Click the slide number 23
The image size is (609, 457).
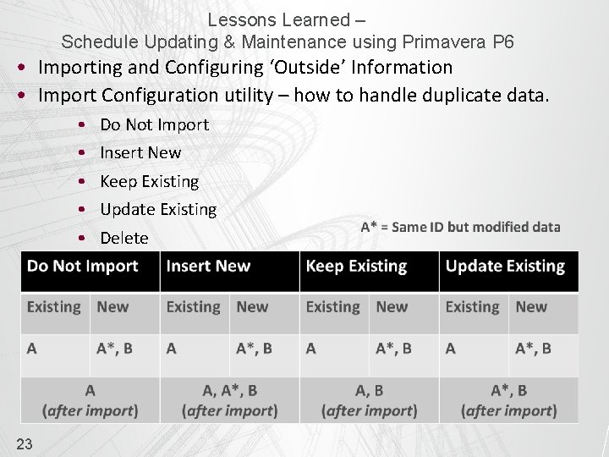pos(25,443)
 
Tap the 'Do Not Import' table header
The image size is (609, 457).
pos(82,266)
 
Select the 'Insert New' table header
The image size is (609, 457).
pos(208,266)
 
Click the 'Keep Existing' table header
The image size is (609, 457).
pos(356,266)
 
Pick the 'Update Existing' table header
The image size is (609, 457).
pos(505,266)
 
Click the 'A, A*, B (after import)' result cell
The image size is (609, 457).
pos(229,400)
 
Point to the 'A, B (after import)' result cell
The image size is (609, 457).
pos(369,400)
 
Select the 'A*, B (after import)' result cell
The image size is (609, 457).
pos(508,400)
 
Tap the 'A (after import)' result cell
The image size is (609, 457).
pos(90,400)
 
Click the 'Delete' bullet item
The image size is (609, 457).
pos(123,238)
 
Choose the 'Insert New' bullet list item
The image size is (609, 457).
pos(140,152)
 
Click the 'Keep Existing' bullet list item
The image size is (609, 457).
pos(149,181)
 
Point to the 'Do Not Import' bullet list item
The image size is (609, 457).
pos(154,124)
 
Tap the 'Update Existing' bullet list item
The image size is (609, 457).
pos(158,209)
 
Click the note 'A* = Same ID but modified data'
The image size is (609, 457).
pos(460,227)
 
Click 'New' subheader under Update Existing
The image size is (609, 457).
pos(531,307)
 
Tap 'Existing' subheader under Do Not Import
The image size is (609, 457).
pos(53,307)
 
